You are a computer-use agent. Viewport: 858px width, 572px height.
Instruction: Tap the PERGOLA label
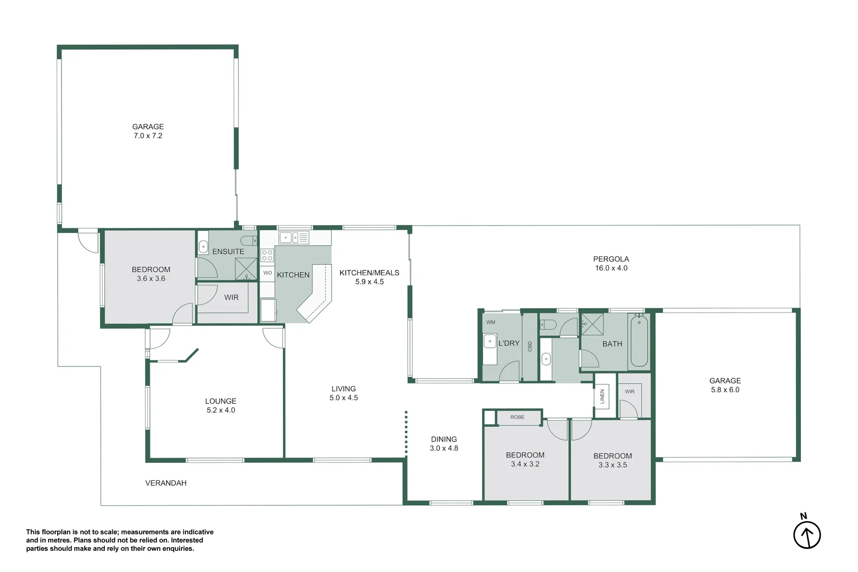pos(611,259)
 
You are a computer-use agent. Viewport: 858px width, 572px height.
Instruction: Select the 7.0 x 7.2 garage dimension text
pos(148,136)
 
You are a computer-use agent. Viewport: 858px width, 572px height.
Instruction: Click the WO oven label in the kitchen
pos(267,273)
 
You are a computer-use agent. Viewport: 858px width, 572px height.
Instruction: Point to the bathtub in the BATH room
pos(639,341)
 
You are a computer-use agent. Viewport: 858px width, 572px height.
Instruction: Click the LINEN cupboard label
pos(602,397)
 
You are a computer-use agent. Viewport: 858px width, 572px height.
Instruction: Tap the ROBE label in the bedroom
pos(517,417)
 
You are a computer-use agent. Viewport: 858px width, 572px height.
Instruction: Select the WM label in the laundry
pos(490,322)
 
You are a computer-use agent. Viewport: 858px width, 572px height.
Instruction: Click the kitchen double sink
pos(294,238)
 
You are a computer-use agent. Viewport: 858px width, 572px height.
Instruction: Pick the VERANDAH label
pos(166,483)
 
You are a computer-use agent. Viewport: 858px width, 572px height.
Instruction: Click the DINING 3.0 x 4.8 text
pos(444,444)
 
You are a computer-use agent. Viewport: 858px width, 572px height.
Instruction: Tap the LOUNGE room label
pos(220,401)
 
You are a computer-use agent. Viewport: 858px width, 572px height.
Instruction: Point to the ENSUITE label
pos(228,252)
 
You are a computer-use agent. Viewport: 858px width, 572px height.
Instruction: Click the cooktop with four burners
pos(267,255)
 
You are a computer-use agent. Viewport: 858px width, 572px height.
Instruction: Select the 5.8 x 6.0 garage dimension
pos(725,390)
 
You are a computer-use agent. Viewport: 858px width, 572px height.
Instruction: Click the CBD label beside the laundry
pos(530,346)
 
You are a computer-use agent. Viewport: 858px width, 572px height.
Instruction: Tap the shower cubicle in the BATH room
pos(593,324)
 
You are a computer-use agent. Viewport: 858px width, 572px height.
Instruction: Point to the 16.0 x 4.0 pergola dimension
pos(611,268)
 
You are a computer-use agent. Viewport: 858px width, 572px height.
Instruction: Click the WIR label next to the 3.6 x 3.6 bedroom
pos(231,297)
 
